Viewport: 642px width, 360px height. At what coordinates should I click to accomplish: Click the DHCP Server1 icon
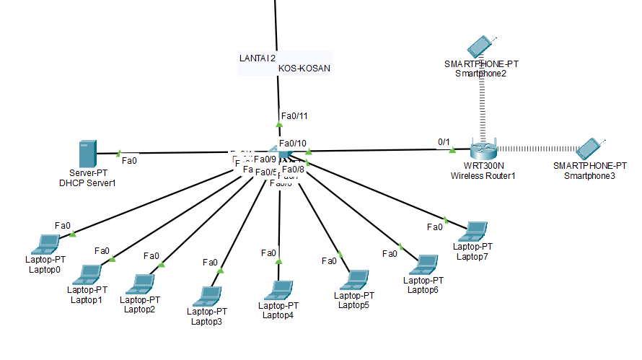coord(88,154)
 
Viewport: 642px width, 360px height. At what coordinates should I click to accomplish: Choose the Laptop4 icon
coord(278,290)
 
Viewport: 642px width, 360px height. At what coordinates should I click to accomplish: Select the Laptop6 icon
coord(426,264)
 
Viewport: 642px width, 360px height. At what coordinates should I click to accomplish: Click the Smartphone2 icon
coord(480,46)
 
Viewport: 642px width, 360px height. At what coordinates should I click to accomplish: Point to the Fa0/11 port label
coord(294,115)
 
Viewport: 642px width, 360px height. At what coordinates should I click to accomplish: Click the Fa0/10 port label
coord(293,143)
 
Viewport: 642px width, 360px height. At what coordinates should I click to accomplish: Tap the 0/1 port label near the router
coord(444,141)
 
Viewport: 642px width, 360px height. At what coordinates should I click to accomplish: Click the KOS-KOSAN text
coord(304,69)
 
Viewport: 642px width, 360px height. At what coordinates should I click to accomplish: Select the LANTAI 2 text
coord(258,57)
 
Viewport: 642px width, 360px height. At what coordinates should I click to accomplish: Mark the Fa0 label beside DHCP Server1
coord(130,160)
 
